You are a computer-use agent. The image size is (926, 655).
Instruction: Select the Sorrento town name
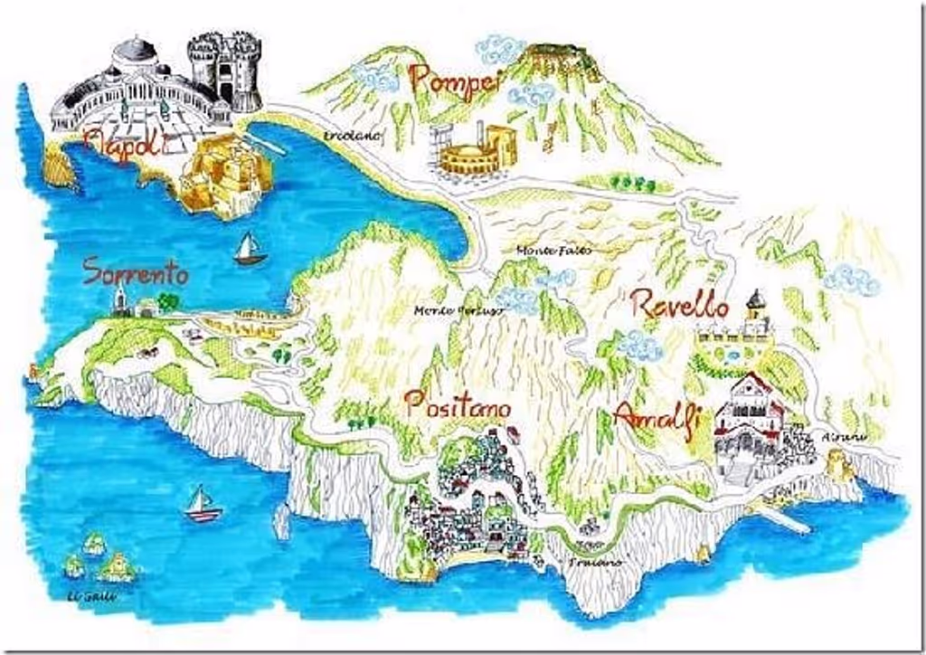click(x=136, y=271)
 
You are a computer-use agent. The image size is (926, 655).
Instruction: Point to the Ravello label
click(x=680, y=306)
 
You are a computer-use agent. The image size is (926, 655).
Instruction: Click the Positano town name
click(x=458, y=406)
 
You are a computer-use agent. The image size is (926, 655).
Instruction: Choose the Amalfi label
click(x=657, y=417)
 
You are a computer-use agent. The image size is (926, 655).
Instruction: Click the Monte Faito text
click(x=553, y=250)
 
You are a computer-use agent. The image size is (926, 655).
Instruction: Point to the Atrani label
click(x=843, y=437)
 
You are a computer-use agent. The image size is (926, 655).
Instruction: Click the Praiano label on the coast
click(x=595, y=563)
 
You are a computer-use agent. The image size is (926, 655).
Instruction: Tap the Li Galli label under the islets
click(x=87, y=596)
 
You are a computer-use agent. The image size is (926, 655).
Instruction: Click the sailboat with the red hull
click(x=203, y=505)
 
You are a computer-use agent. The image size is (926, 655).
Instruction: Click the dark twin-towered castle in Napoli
click(x=224, y=70)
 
